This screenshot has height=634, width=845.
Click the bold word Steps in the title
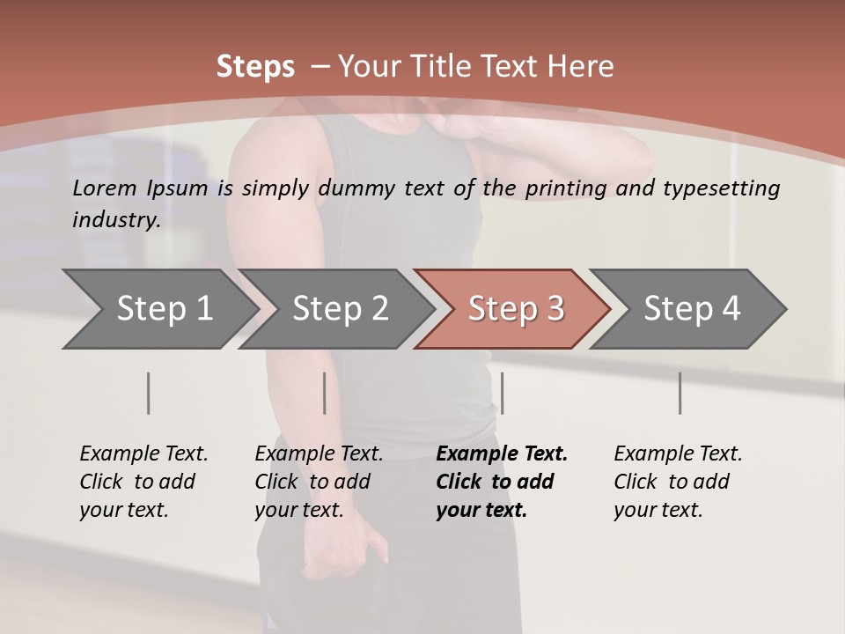click(x=255, y=67)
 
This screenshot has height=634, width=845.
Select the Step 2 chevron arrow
click(x=340, y=309)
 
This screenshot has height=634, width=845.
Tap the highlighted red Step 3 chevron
click(x=516, y=309)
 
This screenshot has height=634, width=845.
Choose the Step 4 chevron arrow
click(x=692, y=309)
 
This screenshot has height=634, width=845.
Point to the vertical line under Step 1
click(x=148, y=393)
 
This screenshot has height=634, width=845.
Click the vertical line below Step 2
click(x=325, y=393)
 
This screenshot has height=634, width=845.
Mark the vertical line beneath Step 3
click(x=502, y=393)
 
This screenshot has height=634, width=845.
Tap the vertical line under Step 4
click(x=680, y=393)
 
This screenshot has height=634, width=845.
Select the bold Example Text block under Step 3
click(x=502, y=482)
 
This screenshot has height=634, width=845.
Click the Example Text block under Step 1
click(x=143, y=482)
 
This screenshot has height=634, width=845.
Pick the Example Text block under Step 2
click(x=319, y=482)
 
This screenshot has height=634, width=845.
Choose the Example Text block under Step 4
click(x=678, y=482)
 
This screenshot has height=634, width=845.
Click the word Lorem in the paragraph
click(x=105, y=188)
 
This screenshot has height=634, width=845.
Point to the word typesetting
click(x=721, y=188)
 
